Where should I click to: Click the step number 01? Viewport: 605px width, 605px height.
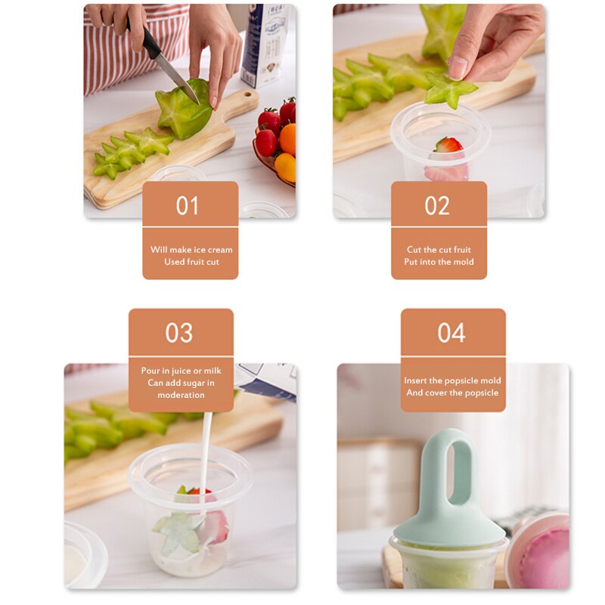(188, 206)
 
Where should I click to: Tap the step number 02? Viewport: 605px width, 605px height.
(437, 206)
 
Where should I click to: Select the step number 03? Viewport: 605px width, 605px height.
(179, 333)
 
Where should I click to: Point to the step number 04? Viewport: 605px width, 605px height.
(451, 333)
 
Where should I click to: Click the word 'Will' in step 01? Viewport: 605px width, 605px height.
(159, 250)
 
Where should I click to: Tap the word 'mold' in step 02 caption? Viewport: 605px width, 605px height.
(463, 262)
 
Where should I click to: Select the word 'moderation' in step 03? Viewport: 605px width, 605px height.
(181, 395)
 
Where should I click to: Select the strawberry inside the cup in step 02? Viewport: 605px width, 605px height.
(448, 144)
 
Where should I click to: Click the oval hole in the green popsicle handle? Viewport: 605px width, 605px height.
(451, 470)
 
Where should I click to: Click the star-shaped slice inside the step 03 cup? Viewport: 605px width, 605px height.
(176, 532)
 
